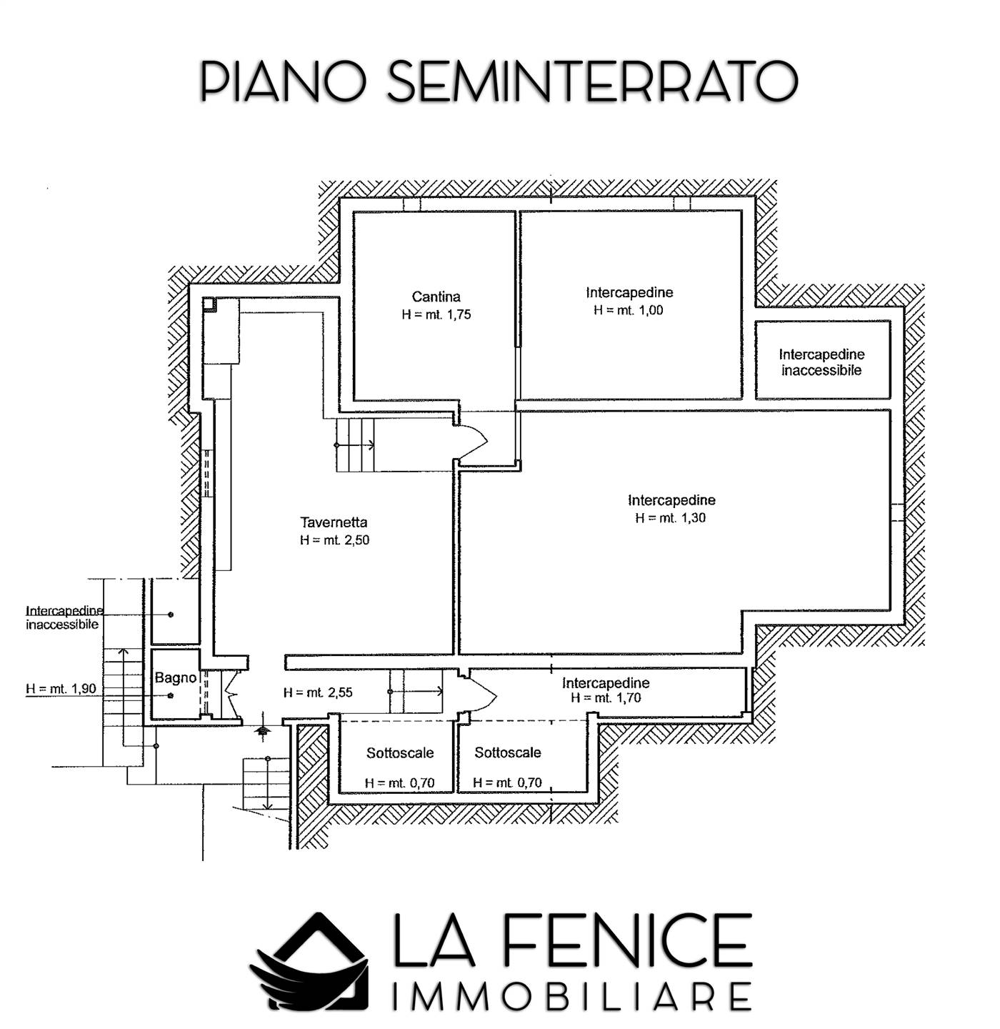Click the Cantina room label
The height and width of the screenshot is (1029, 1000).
(x=436, y=297)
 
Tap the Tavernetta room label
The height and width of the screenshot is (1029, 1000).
(x=334, y=522)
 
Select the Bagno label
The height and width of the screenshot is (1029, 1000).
(x=176, y=678)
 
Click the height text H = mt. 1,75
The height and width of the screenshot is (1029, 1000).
(x=436, y=314)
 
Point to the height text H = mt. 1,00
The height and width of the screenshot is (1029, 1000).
(x=629, y=310)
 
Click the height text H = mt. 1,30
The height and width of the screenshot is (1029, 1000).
(x=670, y=518)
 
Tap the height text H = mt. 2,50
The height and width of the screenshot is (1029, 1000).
(x=334, y=540)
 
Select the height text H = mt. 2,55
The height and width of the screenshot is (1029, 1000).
(x=318, y=692)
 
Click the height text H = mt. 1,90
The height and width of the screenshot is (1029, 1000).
(x=61, y=688)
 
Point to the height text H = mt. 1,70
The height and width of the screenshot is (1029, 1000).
(x=606, y=698)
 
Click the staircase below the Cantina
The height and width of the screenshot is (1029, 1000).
(x=355, y=444)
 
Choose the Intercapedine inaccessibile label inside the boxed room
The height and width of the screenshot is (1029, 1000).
(x=821, y=362)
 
